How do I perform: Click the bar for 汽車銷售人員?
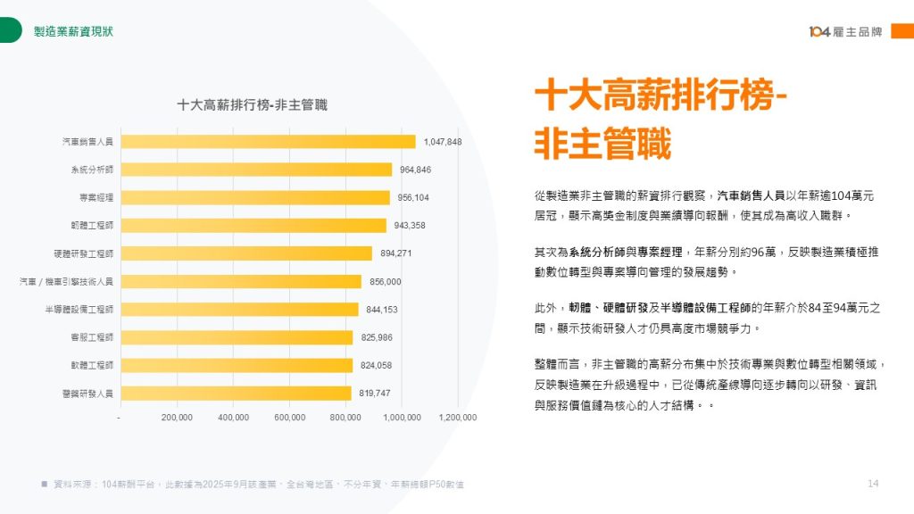(x=268, y=141)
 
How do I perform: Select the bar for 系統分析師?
(x=256, y=170)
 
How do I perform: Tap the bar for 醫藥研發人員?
(x=236, y=393)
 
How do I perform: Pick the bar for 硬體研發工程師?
(x=246, y=253)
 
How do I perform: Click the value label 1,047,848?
(x=443, y=142)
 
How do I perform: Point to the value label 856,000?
(x=386, y=282)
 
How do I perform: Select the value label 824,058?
(x=376, y=365)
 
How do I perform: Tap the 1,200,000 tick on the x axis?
(x=458, y=417)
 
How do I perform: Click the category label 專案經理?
(x=96, y=197)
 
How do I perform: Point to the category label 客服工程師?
(x=92, y=337)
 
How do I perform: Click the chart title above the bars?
(x=253, y=104)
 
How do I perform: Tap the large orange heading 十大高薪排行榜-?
(x=660, y=95)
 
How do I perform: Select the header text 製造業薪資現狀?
(x=73, y=31)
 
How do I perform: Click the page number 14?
(x=873, y=484)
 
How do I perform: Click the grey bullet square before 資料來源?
(x=44, y=484)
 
